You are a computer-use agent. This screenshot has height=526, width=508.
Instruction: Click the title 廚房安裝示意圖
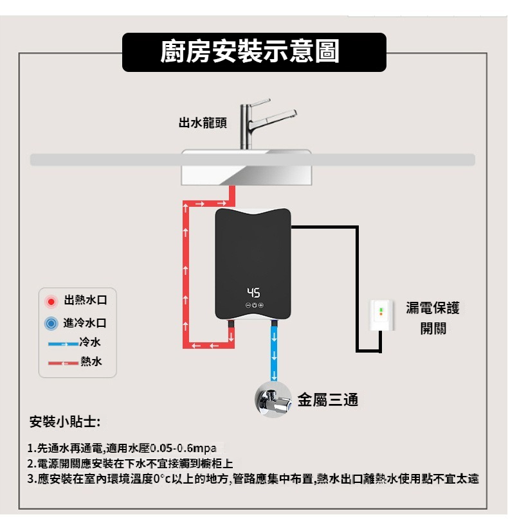coord(254,52)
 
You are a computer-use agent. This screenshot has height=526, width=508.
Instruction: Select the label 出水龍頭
coord(203,122)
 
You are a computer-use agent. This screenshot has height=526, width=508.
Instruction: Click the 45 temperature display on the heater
coord(253,292)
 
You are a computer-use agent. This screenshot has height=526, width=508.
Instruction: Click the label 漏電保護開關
coord(433,318)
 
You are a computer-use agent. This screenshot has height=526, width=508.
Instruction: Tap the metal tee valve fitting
coord(274,400)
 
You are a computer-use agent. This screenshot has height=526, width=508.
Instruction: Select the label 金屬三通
coord(328,399)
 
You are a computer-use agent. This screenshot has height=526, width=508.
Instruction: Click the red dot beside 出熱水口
coord(51,301)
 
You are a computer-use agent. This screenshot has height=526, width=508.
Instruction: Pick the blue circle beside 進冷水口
coord(51,323)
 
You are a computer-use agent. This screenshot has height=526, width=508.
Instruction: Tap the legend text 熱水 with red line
coord(91,362)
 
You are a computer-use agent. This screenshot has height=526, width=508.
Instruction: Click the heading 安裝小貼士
coord(65,423)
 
